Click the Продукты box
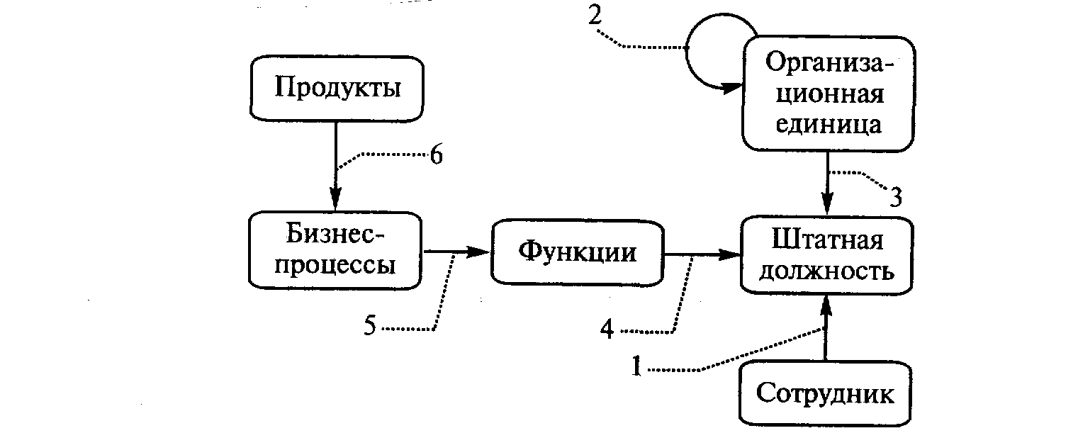[337, 89]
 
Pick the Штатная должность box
[826, 255]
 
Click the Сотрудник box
[825, 394]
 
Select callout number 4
[607, 330]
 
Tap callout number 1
[636, 369]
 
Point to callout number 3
[895, 196]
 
